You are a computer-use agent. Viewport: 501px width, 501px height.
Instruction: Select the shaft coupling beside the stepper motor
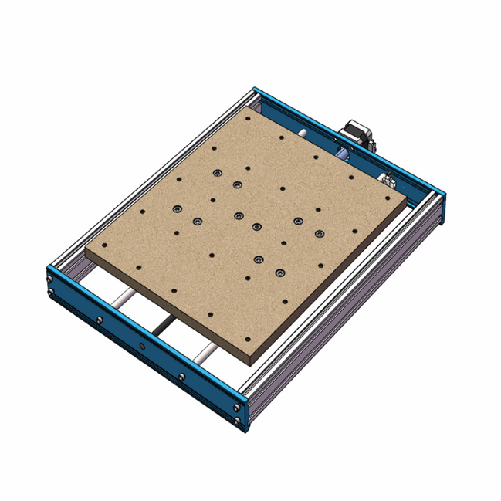point(342,154)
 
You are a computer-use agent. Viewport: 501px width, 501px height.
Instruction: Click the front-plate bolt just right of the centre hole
point(181,377)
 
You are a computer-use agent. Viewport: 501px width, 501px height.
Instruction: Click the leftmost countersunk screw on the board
point(178,208)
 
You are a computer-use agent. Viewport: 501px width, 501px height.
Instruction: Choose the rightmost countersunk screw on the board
point(318,232)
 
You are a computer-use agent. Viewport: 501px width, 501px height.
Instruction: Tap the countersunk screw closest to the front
point(279,272)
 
